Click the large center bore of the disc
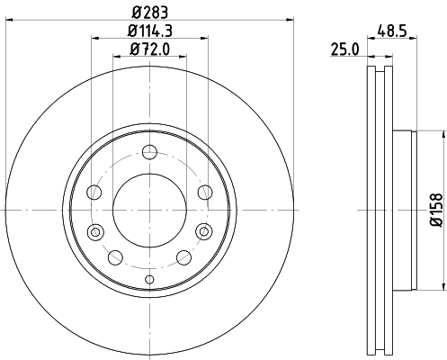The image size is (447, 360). click(x=148, y=209)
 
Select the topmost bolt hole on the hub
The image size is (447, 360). click(x=148, y=151)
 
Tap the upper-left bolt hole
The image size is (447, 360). click(x=93, y=191)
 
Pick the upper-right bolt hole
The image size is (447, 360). click(x=204, y=191)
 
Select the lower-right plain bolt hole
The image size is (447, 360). click(x=183, y=256)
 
